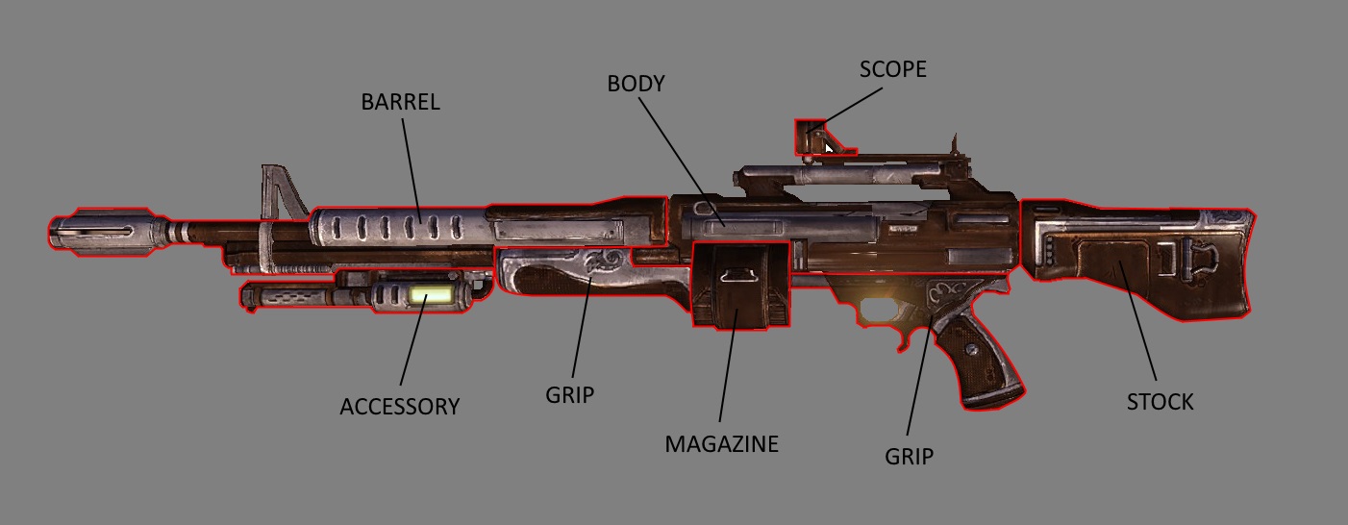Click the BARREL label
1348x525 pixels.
tap(400, 102)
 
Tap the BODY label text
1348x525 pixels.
tap(636, 84)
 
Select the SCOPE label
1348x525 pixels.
tap(892, 69)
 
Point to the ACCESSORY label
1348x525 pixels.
tap(399, 407)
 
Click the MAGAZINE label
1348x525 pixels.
tap(721, 443)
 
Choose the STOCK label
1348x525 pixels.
tap(1160, 402)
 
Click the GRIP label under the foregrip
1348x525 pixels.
tap(569, 394)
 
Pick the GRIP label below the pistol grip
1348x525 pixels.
tap(909, 457)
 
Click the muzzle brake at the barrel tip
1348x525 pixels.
tap(100, 232)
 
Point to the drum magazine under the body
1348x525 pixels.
tap(740, 285)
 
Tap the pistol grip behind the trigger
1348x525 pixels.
tap(971, 361)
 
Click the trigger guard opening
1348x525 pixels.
tap(880, 311)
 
